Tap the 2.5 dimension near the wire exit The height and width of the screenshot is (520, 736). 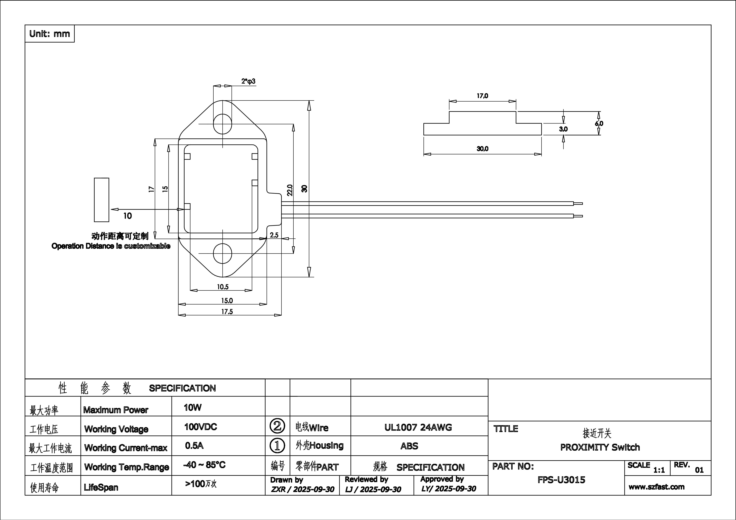(x=274, y=235)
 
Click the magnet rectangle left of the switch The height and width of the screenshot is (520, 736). (x=101, y=200)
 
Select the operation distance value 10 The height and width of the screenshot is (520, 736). (x=128, y=216)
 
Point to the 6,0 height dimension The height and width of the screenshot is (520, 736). (x=599, y=123)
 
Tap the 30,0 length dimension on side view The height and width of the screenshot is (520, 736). (x=482, y=149)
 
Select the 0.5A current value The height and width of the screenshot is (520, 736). (x=194, y=446)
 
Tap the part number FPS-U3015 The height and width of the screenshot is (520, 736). (x=561, y=480)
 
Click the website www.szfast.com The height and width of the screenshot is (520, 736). (x=656, y=487)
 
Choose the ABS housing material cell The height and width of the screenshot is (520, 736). (x=409, y=446)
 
